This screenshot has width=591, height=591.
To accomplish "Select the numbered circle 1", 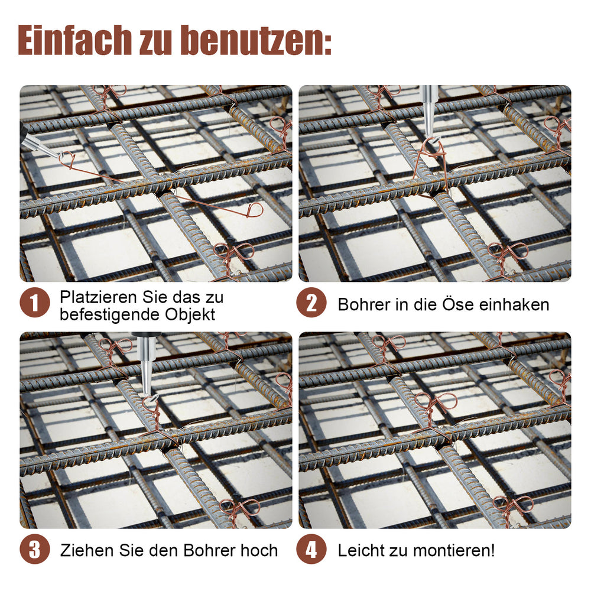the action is [x=35, y=303].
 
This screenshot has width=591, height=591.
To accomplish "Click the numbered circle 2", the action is [x=311, y=303].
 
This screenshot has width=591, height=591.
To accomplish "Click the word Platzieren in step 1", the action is [x=99, y=297].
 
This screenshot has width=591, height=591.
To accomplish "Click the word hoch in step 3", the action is [x=259, y=550].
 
